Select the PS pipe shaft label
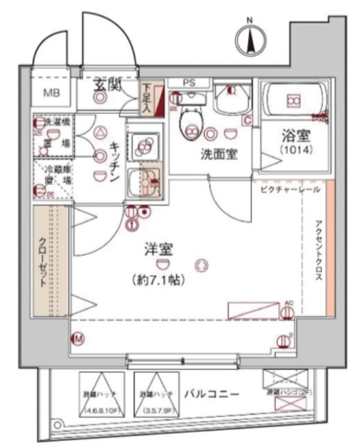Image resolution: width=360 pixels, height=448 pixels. (189, 82)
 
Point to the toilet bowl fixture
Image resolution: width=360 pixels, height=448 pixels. (189, 118)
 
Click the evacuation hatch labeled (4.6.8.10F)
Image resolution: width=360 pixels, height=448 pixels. (103, 395)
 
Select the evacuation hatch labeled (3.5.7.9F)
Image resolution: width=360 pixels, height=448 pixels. (156, 395)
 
